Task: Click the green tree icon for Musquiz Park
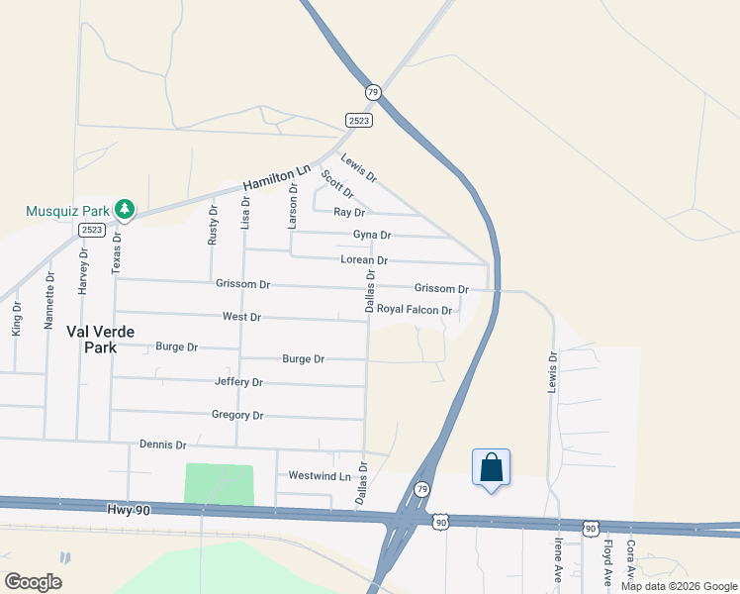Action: point(125,209)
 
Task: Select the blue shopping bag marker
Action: point(492,468)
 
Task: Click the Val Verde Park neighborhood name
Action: point(101,339)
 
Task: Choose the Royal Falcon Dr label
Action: point(415,310)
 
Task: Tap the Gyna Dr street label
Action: point(372,235)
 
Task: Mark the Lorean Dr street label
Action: point(364,259)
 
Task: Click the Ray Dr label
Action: point(349,212)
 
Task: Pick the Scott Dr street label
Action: point(336,183)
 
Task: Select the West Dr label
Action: point(241,317)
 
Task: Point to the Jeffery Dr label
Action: point(238,381)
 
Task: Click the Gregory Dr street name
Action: point(237,415)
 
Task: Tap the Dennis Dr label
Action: point(163,445)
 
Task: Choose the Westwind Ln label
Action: point(320,475)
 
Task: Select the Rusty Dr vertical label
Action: point(213,225)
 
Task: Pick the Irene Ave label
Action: point(559,558)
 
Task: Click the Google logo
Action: point(33,581)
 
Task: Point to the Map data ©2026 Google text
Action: point(679,586)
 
